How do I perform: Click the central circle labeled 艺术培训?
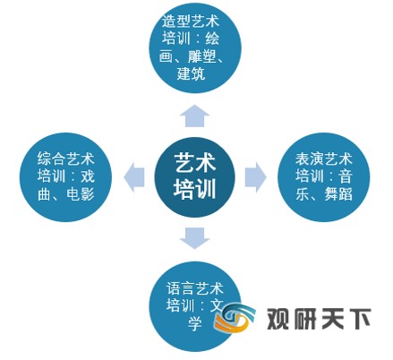[x=194, y=177]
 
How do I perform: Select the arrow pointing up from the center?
[x=194, y=116]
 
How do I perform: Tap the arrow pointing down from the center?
[x=194, y=238]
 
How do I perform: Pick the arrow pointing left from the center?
[x=134, y=177]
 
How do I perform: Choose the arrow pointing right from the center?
[x=255, y=177]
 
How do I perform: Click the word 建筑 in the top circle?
[x=191, y=73]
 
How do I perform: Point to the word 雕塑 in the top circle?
[x=201, y=56]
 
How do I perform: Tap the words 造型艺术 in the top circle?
[x=191, y=21]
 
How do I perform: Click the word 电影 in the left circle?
[x=81, y=193]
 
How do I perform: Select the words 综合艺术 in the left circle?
[x=66, y=159]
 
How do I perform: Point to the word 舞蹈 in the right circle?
[x=338, y=193]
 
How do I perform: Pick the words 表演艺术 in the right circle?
[x=324, y=159]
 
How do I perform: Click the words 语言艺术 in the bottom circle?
[x=195, y=288]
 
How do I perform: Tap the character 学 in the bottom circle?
[x=195, y=323]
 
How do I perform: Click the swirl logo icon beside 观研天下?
[x=235, y=319]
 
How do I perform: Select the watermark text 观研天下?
[x=319, y=319]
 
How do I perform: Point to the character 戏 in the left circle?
[x=88, y=176]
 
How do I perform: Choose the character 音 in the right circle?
[x=346, y=176]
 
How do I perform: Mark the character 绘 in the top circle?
[x=212, y=39]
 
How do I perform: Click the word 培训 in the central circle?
[x=195, y=189]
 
